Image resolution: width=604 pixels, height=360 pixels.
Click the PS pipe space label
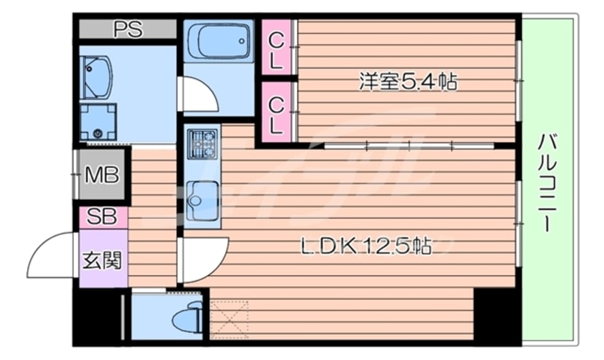tap(129, 29)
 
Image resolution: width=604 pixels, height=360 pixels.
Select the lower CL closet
tap(276, 112)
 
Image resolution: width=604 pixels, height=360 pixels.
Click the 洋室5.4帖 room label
tap(408, 82)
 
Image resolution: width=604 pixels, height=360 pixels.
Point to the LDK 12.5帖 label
tap(365, 246)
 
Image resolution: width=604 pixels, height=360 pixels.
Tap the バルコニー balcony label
tap(548, 183)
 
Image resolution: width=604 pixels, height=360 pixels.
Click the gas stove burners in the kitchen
tap(202, 144)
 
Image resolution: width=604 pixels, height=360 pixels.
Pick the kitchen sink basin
tap(202, 199)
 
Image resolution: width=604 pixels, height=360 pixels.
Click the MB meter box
tap(101, 174)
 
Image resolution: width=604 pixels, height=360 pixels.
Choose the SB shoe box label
tap(101, 217)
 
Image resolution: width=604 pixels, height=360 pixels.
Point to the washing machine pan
tap(99, 122)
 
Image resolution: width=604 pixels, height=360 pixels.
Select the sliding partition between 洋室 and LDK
tap(409, 146)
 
